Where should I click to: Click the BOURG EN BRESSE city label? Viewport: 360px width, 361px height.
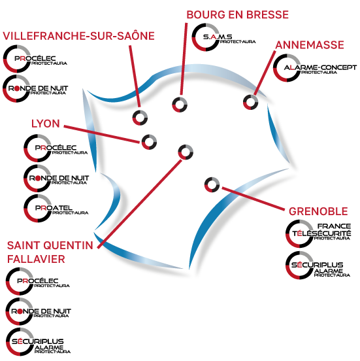click(237, 15)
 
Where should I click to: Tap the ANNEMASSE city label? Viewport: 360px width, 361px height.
click(310, 45)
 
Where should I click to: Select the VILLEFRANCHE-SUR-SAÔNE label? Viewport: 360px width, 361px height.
click(78, 36)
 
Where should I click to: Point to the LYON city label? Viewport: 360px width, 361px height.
click(46, 124)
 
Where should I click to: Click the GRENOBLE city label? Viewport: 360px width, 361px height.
click(318, 211)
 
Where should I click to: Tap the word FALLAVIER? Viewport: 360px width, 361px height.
click(36, 259)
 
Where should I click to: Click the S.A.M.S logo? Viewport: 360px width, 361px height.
click(223, 37)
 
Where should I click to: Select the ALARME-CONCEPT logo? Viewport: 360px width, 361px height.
click(315, 68)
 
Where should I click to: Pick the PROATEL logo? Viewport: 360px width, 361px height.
click(56, 209)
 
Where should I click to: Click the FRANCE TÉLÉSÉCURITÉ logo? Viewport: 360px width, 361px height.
click(318, 233)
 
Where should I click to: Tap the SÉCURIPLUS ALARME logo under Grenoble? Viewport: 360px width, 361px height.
click(318, 266)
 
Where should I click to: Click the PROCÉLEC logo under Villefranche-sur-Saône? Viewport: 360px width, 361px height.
click(35, 59)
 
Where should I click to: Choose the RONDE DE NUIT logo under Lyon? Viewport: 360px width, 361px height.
click(56, 179)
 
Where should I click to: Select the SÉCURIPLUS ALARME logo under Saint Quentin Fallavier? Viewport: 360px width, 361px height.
click(38, 342)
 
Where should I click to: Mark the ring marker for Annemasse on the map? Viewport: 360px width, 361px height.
click(251, 102)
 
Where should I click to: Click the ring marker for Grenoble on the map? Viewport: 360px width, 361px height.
click(212, 184)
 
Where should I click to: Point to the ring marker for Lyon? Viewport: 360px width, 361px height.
click(149, 142)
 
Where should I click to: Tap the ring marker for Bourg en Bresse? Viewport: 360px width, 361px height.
click(180, 105)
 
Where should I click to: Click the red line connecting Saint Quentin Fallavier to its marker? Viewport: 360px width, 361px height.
click(140, 204)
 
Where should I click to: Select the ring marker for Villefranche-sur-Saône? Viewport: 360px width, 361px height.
click(140, 118)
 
